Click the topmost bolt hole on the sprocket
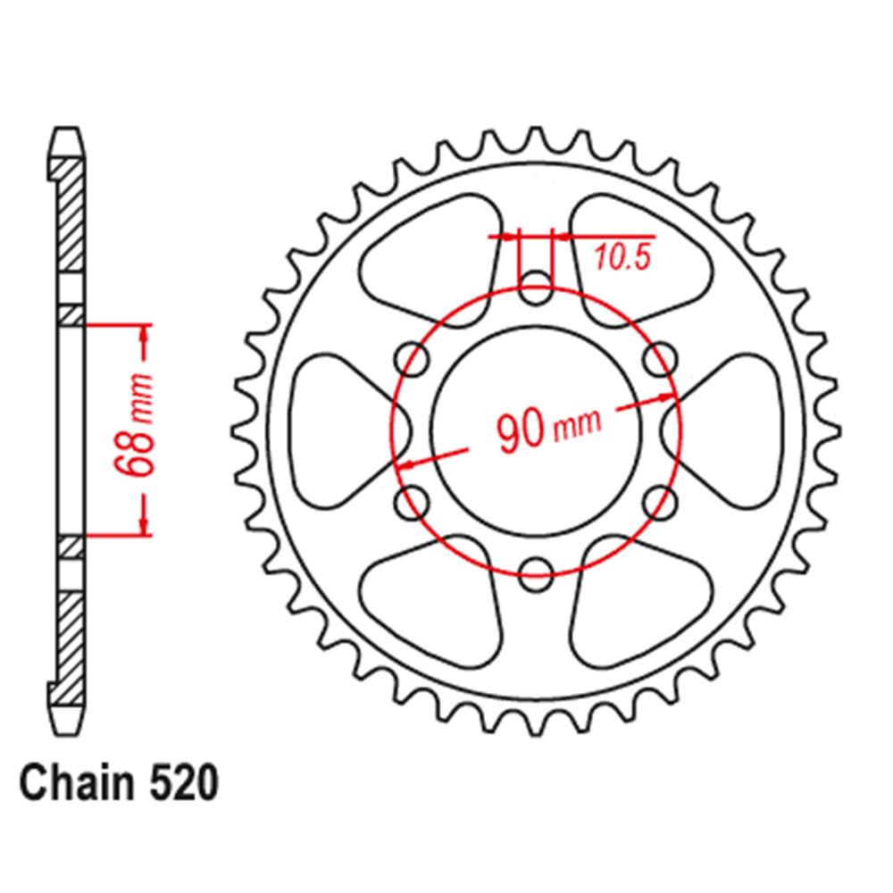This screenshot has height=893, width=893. [536, 288]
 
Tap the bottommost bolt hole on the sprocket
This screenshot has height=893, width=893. [536, 572]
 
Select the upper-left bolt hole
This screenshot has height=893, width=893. [413, 359]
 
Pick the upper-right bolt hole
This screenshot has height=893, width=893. [659, 359]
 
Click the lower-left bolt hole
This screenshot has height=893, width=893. [413, 500]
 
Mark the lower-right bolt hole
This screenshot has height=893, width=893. [659, 500]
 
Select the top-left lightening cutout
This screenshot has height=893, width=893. [429, 259]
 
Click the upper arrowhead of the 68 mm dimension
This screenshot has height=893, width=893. [144, 330]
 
